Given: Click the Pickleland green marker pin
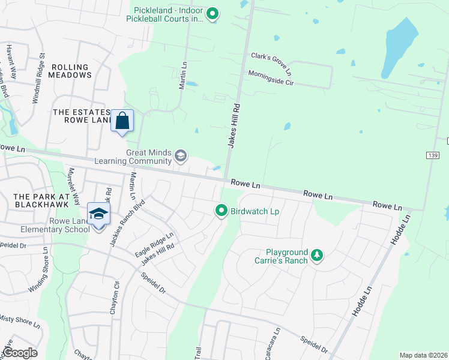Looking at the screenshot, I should [212, 13].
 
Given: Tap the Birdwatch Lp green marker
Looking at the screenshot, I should [221, 210].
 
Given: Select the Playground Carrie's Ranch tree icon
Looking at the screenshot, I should [317, 256].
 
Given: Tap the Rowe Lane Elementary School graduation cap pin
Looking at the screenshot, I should [98, 213].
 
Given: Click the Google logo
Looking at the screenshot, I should [20, 353].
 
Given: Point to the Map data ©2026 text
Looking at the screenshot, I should [423, 355].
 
